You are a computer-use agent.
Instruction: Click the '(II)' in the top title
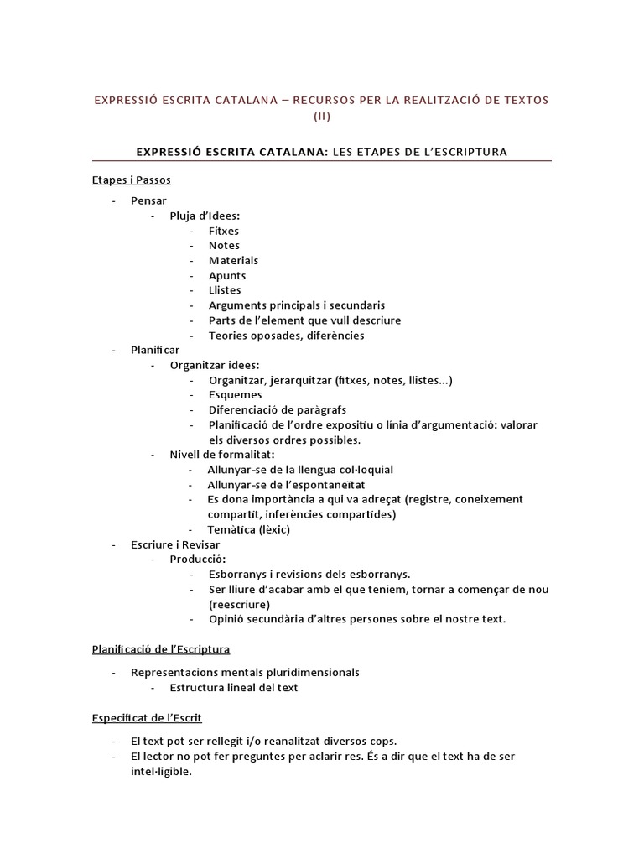pyautogui.click(x=322, y=117)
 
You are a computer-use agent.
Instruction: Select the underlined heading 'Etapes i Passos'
pyautogui.click(x=132, y=180)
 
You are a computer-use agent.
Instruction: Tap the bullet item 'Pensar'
pyautogui.click(x=148, y=200)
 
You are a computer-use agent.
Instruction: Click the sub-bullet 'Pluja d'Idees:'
pyautogui.click(x=205, y=216)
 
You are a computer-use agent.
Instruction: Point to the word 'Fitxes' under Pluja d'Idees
pyautogui.click(x=224, y=231)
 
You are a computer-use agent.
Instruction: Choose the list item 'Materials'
pyautogui.click(x=233, y=261)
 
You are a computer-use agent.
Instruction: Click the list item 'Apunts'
pyautogui.click(x=227, y=276)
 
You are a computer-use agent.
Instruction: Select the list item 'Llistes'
pyautogui.click(x=225, y=290)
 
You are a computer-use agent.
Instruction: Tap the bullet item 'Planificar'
pyautogui.click(x=155, y=350)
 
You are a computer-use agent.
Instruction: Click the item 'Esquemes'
pyautogui.click(x=235, y=395)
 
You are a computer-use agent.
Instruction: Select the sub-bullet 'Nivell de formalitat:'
pyautogui.click(x=216, y=455)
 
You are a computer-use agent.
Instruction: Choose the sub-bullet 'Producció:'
pyautogui.click(x=197, y=559)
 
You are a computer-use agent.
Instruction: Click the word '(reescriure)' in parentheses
pyautogui.click(x=239, y=604)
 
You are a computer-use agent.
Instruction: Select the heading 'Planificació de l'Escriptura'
pyautogui.click(x=161, y=649)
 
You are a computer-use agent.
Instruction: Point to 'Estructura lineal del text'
pyautogui.click(x=233, y=688)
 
